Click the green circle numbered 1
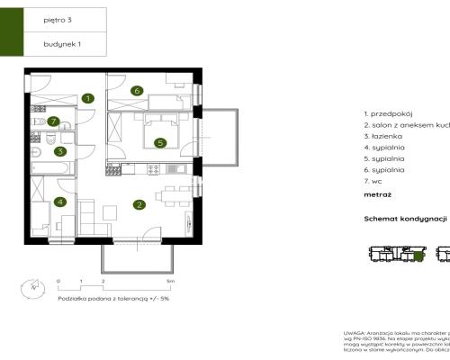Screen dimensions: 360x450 87,98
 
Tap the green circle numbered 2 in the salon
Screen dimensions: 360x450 139,205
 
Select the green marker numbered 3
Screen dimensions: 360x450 59,152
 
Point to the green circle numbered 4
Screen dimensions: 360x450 59,202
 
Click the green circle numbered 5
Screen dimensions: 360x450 159,141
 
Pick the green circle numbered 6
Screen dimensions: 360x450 137,90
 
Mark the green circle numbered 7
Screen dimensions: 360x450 54,121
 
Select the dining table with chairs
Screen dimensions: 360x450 169,195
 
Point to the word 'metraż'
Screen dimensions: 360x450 378,194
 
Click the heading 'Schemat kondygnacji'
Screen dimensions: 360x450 405,219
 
